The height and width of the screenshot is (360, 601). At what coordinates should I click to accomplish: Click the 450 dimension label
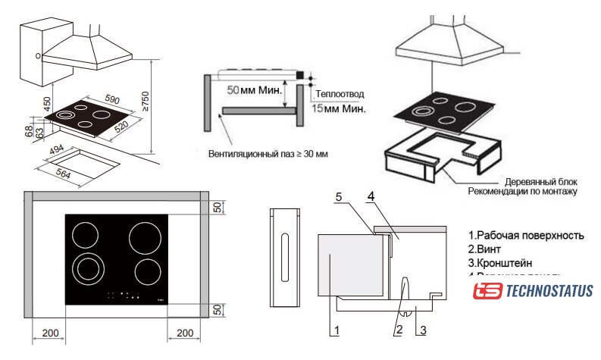[47, 105]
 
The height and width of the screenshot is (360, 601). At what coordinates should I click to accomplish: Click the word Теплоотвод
[340, 94]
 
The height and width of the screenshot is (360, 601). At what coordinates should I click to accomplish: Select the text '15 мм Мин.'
[339, 109]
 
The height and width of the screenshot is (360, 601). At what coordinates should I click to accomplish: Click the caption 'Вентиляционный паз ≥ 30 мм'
[268, 153]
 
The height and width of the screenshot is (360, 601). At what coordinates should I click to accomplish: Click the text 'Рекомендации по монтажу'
[522, 193]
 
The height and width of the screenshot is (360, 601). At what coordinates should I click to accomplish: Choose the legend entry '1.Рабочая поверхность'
[526, 235]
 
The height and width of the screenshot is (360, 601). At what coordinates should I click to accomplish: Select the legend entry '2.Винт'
[486, 249]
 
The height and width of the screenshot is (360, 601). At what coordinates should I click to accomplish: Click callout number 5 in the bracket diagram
[339, 196]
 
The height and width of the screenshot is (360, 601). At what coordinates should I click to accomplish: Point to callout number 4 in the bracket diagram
[371, 196]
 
